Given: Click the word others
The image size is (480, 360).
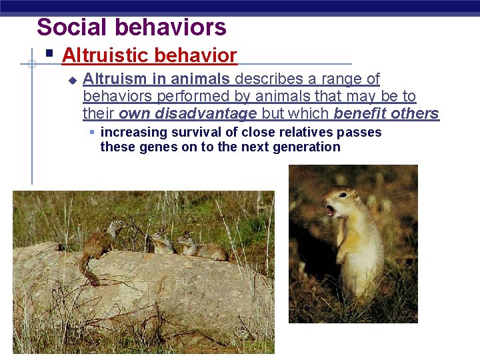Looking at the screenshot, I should [x=415, y=113].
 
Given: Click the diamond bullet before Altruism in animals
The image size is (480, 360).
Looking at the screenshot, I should [x=72, y=80].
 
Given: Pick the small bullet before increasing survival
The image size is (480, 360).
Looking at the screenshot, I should [x=93, y=132].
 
